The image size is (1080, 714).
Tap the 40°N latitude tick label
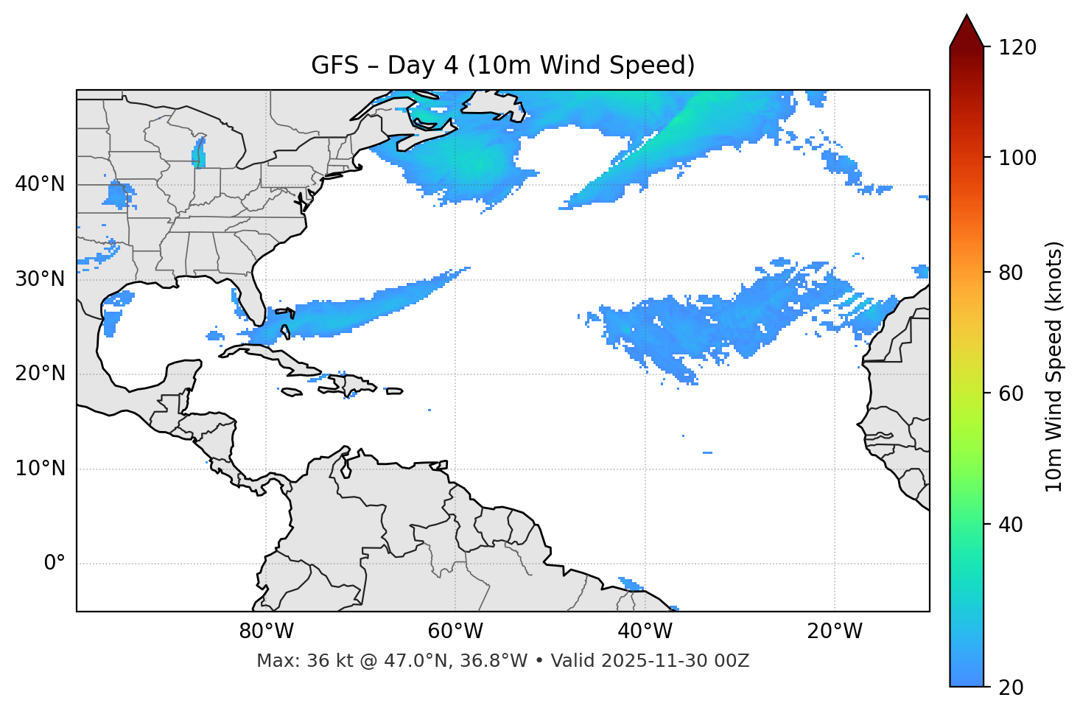tap(40, 184)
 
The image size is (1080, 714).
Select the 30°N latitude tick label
tap(40, 279)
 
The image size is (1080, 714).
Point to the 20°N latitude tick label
tap(40, 374)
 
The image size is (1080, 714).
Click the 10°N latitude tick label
tap(40, 469)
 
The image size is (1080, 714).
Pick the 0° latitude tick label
tap(55, 564)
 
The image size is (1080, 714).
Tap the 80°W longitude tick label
tap(266, 631)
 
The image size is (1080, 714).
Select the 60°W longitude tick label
tap(455, 631)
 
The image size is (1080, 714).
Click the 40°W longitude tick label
tap(645, 631)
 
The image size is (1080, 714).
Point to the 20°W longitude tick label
tap(834, 631)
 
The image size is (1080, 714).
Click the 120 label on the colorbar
tap(1017, 48)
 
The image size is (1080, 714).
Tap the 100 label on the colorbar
tap(1017, 158)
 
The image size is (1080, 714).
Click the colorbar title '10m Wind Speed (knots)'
tap(1054, 366)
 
